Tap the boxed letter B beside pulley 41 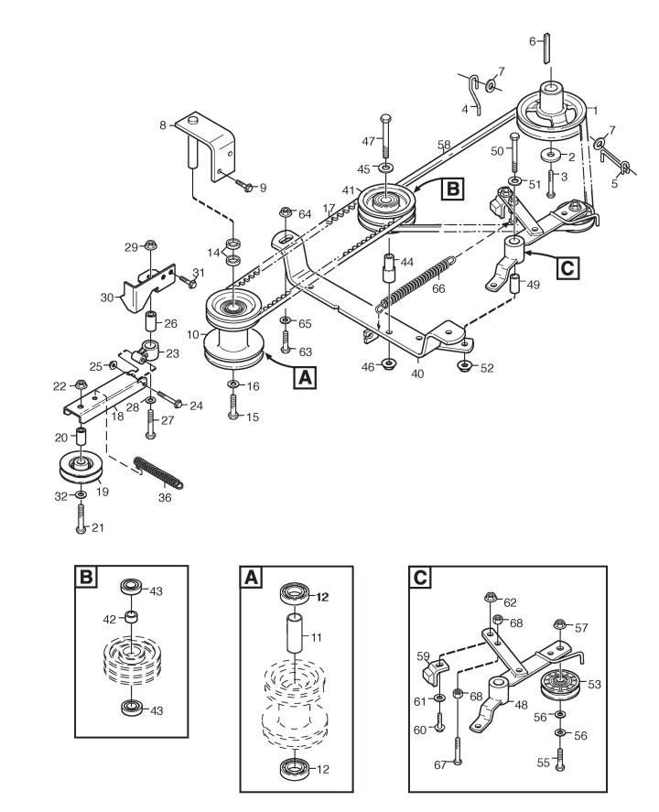pos(452,189)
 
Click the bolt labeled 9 pos(246,187)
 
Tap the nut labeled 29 pos(153,245)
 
